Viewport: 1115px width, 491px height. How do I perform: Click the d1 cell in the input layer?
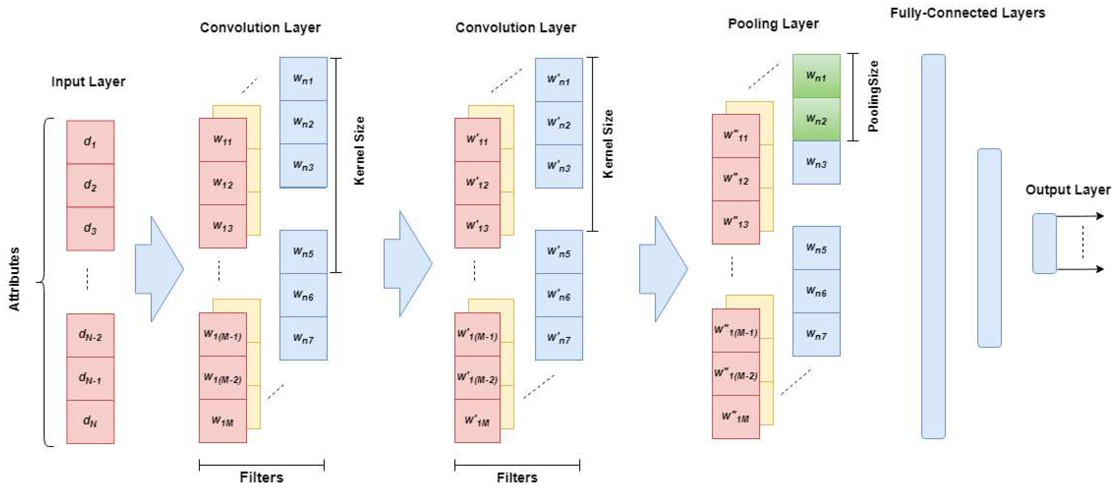(x=90, y=142)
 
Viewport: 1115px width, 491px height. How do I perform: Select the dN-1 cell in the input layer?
(x=90, y=378)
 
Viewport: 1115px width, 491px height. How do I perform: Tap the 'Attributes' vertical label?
(x=14, y=279)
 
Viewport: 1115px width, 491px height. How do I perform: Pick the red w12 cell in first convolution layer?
(x=222, y=183)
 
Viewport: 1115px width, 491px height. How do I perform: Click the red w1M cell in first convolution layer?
(x=222, y=421)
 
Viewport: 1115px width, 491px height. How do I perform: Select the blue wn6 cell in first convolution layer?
(x=303, y=295)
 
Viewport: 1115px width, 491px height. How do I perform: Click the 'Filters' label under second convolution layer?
(x=517, y=478)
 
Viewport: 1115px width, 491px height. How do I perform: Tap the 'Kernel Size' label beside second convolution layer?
(x=608, y=144)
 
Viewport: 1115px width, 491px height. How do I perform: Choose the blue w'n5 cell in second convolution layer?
(x=558, y=252)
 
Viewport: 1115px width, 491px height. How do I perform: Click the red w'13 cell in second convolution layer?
(x=477, y=226)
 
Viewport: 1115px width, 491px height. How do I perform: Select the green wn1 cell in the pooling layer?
(x=816, y=76)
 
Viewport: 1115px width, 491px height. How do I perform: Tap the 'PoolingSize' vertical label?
(x=873, y=96)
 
